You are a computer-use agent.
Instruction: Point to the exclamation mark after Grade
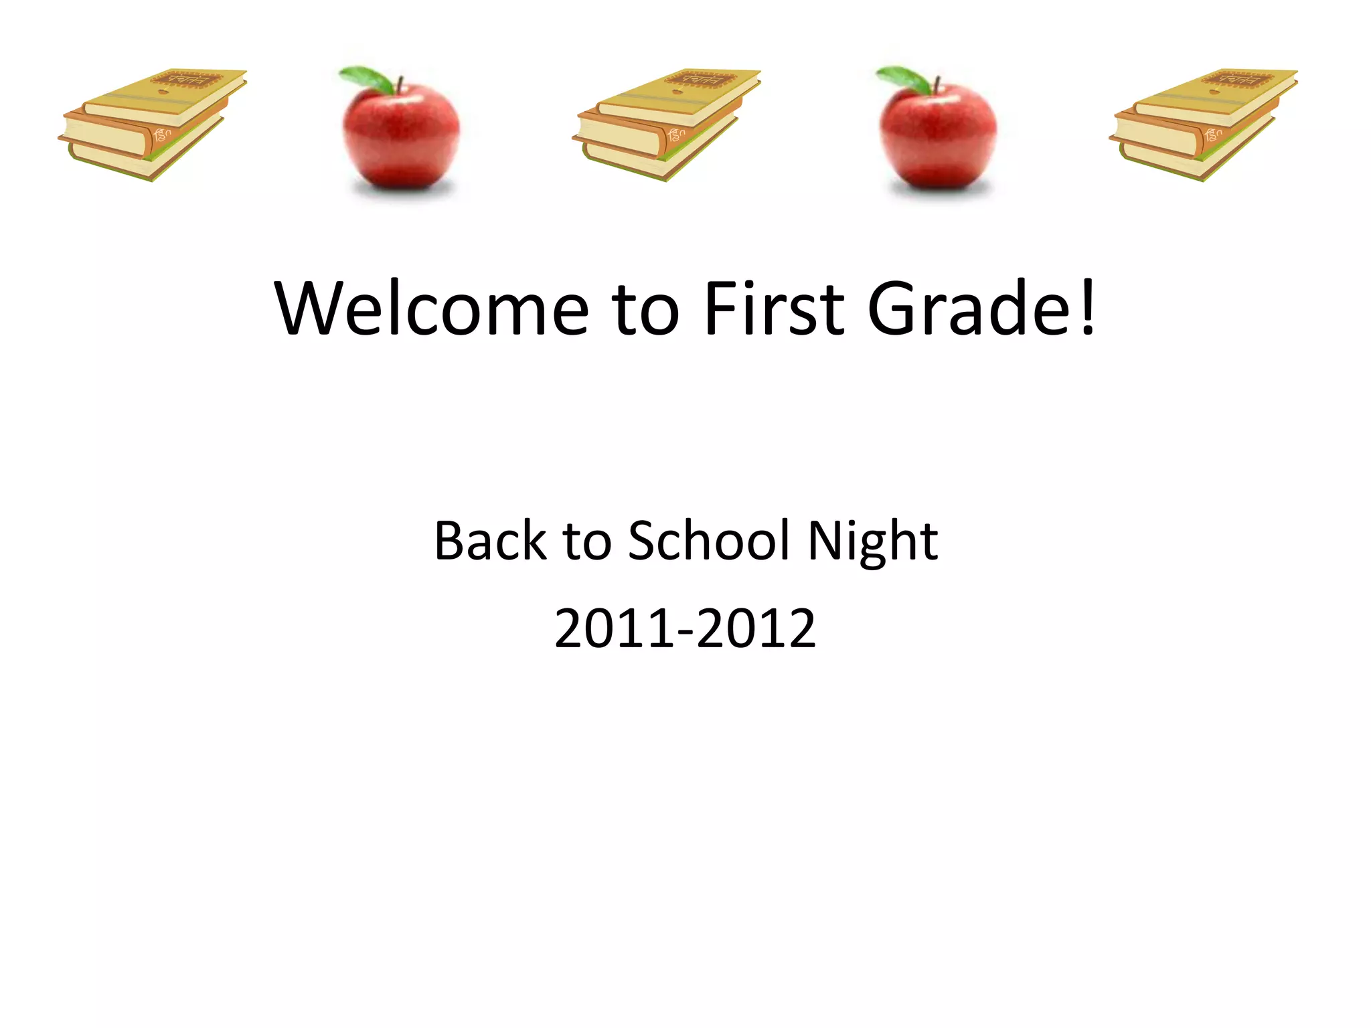coord(1087,307)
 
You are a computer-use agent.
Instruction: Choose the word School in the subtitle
coord(709,540)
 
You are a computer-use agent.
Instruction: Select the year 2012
coord(756,628)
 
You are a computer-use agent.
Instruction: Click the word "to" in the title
coord(646,309)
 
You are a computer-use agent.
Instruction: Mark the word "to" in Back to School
coord(587,541)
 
